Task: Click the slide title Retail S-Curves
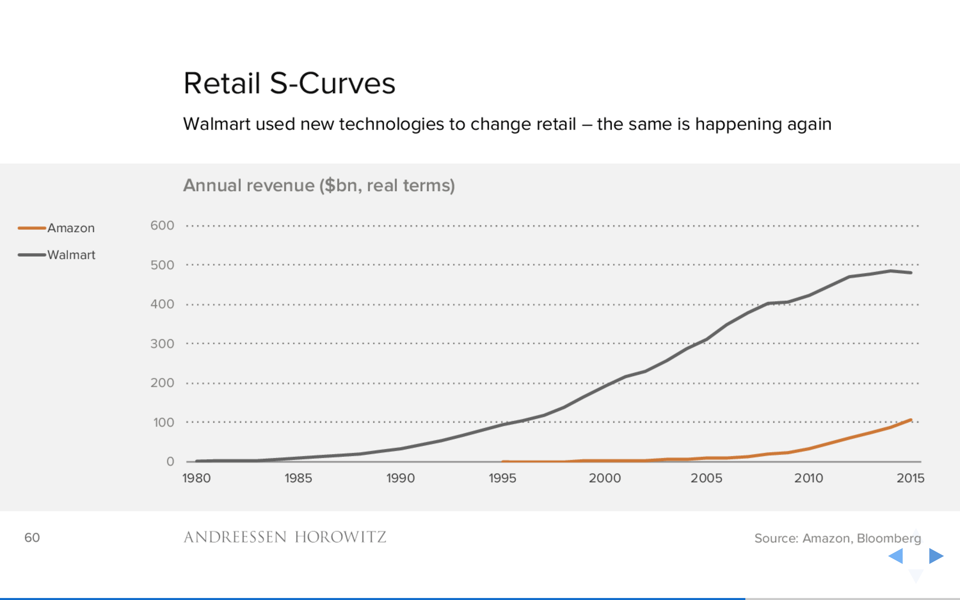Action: tap(289, 84)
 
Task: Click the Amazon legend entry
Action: tap(56, 228)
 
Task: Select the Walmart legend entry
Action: tap(57, 255)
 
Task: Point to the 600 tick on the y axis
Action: tap(162, 225)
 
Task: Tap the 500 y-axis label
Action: tap(162, 265)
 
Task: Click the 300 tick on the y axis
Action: tap(162, 344)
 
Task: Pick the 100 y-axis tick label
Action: tap(163, 422)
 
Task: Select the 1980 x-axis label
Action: tap(196, 478)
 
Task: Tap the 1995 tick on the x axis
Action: tap(502, 478)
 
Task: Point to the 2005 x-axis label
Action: tap(707, 478)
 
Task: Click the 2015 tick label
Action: tap(910, 478)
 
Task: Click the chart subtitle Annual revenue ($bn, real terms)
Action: tap(319, 186)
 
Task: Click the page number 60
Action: tap(32, 538)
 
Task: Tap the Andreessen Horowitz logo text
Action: tap(285, 537)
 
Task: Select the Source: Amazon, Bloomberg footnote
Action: tap(837, 538)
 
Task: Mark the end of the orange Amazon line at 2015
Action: tap(911, 420)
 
